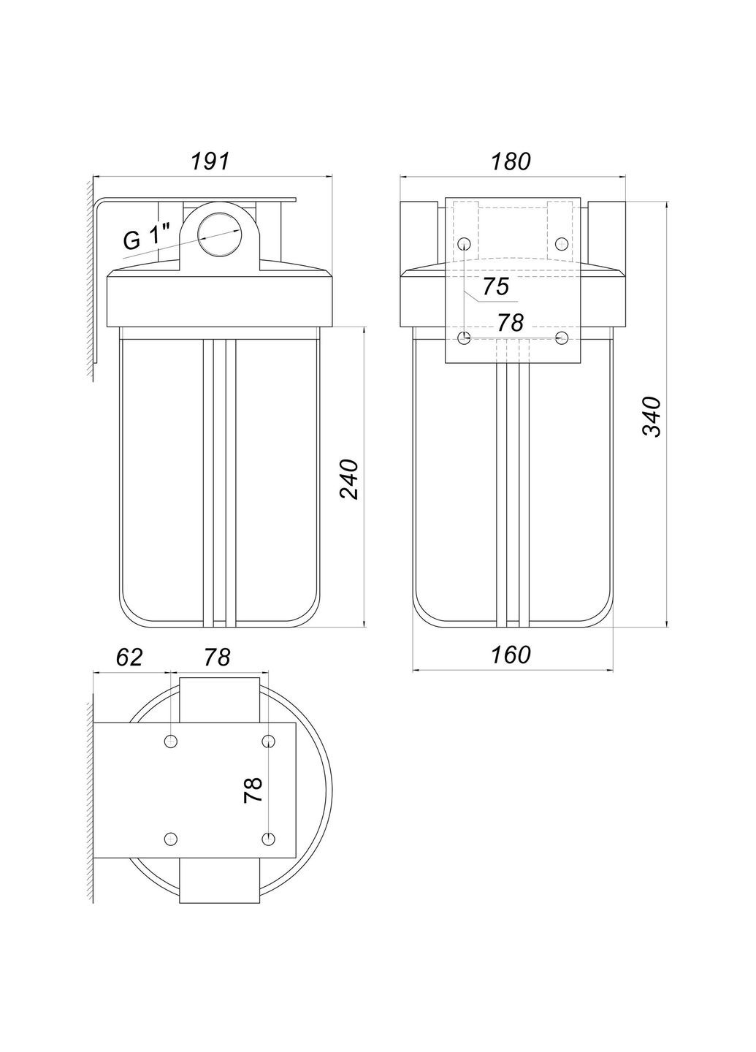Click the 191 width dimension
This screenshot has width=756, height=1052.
pos(210,161)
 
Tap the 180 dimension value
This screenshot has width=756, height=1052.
pos(511,161)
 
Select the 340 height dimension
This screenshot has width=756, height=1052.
pos(650,416)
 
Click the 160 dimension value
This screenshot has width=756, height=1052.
pos(511,655)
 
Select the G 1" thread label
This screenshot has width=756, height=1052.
pos(147,239)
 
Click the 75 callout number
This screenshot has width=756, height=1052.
pos(495,287)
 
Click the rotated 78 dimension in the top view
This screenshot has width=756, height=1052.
pos(253,790)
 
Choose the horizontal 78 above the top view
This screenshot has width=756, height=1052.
pos(217,657)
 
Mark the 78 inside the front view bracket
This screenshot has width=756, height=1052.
pos(511,321)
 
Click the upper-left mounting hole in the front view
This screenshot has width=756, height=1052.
pos(465,243)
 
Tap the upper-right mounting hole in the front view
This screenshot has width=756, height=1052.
pos(561,243)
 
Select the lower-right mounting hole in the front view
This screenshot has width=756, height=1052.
pos(561,338)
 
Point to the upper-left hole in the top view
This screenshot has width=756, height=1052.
pos(171,742)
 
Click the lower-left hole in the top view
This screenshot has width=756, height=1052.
pos(171,839)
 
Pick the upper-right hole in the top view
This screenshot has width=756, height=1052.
pos(268,742)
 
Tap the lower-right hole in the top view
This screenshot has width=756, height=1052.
pos(268,839)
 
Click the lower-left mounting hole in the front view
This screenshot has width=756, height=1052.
pos(465,338)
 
